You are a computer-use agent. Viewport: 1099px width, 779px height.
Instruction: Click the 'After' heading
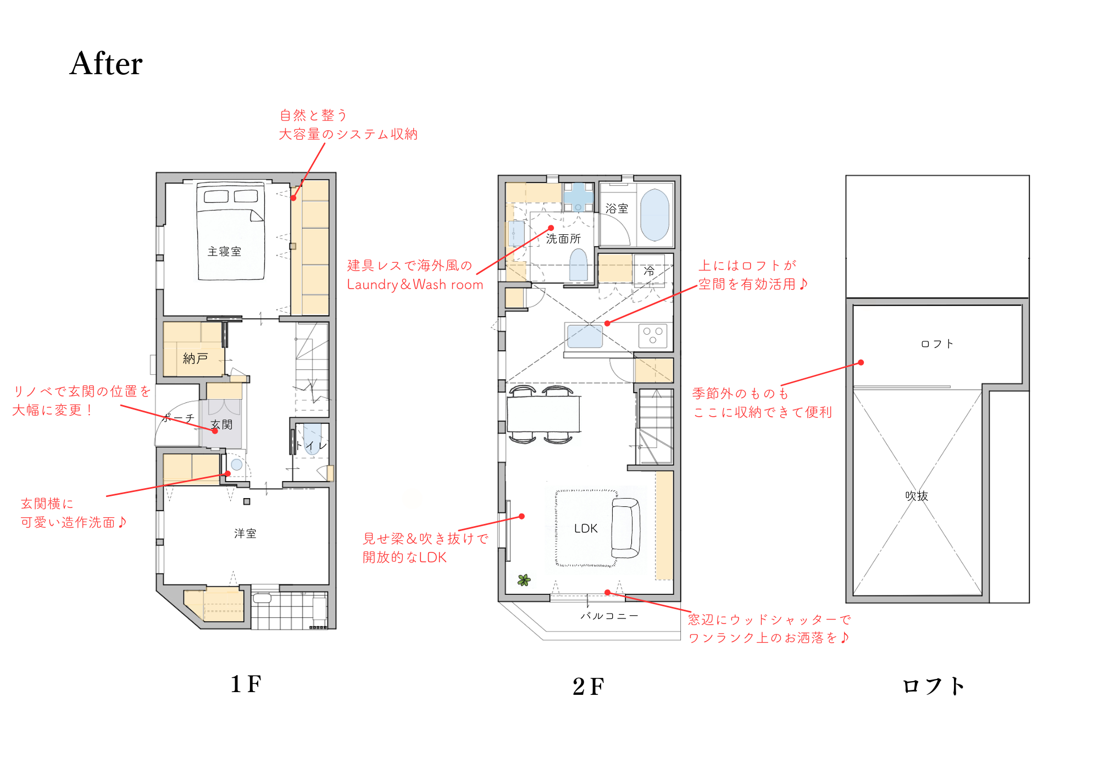[106, 63]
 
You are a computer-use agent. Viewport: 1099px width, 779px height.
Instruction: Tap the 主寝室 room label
[224, 252]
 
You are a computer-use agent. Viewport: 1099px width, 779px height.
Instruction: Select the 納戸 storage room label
[195, 358]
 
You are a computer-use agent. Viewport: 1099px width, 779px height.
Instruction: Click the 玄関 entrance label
[221, 424]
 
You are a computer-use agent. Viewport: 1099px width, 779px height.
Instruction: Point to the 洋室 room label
[245, 533]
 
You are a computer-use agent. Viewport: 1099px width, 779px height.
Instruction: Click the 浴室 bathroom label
[617, 208]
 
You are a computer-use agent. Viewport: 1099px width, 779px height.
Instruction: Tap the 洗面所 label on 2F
[563, 239]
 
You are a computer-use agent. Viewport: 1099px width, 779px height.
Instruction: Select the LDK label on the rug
[586, 528]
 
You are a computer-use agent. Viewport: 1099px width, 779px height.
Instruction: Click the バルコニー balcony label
[609, 616]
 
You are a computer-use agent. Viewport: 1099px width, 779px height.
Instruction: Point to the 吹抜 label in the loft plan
[917, 496]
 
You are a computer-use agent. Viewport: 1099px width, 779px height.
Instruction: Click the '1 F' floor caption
[246, 684]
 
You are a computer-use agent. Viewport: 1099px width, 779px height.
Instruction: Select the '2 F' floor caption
[588, 686]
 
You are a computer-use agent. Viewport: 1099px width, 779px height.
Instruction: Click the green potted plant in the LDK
[524, 579]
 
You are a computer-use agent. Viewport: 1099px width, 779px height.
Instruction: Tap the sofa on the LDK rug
[626, 528]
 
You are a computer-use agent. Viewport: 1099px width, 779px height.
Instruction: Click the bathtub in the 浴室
[654, 215]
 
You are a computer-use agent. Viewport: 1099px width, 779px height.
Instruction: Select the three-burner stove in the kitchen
[653, 335]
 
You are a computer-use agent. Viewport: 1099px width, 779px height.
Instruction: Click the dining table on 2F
[543, 413]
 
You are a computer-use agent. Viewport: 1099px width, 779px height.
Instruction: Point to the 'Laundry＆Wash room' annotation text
[415, 284]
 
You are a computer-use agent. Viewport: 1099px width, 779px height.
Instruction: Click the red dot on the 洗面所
[551, 228]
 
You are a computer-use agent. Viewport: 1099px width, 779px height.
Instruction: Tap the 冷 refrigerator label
[649, 270]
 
